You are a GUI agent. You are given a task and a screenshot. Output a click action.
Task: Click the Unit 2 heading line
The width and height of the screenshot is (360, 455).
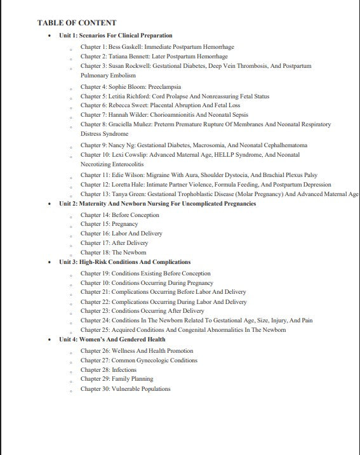(157, 204)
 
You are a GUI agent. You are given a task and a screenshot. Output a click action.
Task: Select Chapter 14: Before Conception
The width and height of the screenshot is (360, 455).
(121, 215)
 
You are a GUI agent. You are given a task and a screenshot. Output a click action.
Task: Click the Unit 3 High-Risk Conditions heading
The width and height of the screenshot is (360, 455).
(124, 262)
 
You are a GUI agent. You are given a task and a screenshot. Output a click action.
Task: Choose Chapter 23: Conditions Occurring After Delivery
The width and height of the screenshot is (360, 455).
(142, 311)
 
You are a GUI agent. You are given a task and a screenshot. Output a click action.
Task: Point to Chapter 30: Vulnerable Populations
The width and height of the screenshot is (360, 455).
(125, 389)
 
